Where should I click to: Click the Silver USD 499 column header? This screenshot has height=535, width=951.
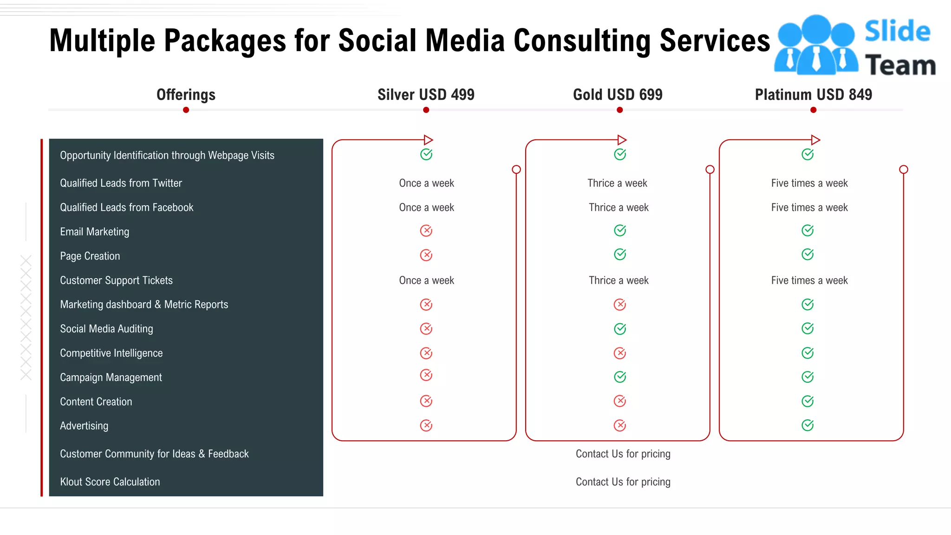(426, 95)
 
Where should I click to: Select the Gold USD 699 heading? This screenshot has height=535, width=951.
(618, 95)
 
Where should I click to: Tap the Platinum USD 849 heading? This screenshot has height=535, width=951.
(813, 95)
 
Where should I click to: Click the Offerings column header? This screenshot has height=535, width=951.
(186, 95)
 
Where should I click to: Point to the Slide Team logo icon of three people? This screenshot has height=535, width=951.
(816, 46)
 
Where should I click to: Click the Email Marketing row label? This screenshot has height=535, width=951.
(95, 232)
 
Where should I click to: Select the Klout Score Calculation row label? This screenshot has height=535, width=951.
(110, 482)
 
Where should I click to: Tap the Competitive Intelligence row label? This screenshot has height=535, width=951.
(111, 353)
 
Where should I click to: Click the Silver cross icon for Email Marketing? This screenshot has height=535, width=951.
(426, 231)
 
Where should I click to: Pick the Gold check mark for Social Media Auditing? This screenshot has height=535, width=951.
(620, 329)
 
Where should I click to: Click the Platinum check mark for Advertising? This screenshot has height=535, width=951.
(808, 425)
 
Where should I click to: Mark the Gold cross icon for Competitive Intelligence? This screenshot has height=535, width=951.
(620, 353)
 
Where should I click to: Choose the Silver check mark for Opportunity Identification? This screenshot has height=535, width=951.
(426, 154)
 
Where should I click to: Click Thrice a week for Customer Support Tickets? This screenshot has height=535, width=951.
(619, 281)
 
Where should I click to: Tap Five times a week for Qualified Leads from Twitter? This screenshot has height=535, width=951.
(809, 183)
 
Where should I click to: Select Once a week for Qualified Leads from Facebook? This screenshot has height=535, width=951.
(426, 208)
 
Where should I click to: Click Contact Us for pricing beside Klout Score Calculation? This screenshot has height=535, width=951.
(623, 482)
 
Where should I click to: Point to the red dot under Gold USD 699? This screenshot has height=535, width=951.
(619, 110)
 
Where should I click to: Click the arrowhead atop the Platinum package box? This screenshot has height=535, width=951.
(815, 140)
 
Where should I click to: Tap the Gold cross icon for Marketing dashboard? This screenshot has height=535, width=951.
(620, 305)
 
